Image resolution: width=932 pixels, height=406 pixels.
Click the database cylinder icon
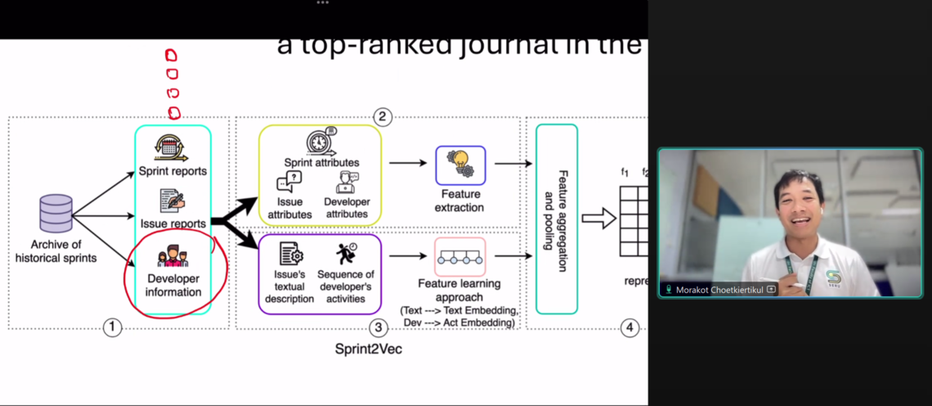[x=56, y=214]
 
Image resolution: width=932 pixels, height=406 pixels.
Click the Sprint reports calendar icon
[x=172, y=147]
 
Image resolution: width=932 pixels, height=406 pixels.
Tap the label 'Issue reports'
[x=173, y=223]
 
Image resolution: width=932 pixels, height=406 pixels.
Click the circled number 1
[x=112, y=327]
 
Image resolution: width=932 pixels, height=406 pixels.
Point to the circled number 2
[x=382, y=116]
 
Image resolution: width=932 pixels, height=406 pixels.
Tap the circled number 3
[x=377, y=327]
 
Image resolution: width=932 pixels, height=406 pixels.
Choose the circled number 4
[x=629, y=327]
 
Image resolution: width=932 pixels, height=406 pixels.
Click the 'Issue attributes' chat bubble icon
[x=289, y=183]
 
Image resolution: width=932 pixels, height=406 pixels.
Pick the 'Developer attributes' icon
[x=347, y=182]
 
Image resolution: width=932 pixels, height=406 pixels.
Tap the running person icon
[x=346, y=254]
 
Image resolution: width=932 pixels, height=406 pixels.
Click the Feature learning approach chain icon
[x=459, y=257]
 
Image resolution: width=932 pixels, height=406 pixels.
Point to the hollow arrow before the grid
[x=598, y=219]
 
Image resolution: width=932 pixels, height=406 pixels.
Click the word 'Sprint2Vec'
[x=368, y=350]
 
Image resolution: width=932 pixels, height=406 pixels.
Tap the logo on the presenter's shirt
[x=832, y=276]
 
